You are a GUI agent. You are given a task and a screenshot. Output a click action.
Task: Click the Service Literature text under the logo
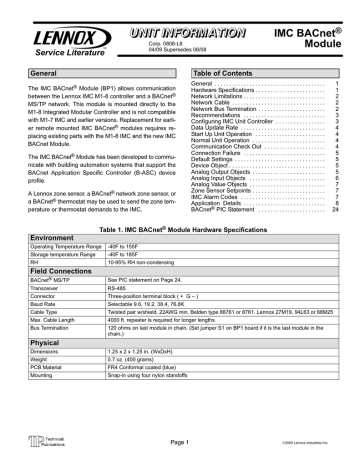[x=49, y=47]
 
